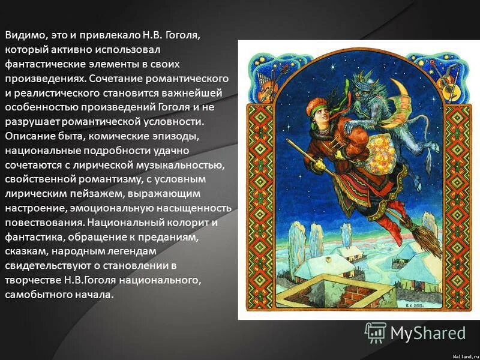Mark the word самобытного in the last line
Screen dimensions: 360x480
(36, 294)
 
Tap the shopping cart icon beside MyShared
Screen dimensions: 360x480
(376, 332)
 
